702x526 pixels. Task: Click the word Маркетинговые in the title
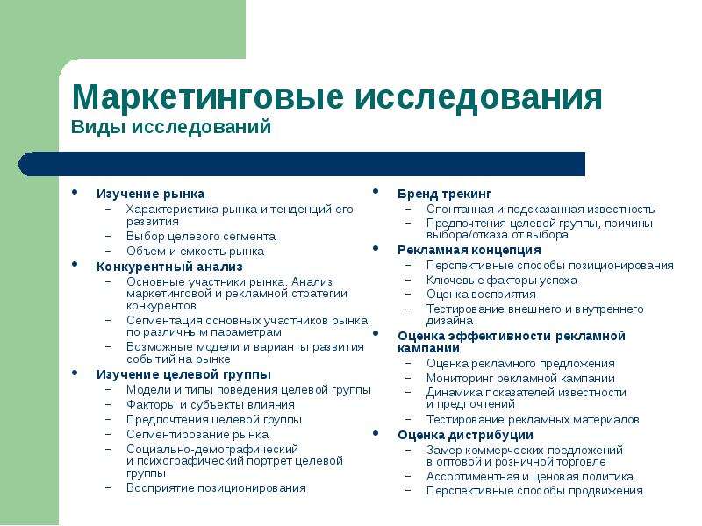[207, 96]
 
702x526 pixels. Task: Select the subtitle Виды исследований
[171, 127]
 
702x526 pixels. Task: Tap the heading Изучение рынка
[150, 194]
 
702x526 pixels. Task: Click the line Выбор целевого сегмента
[201, 236]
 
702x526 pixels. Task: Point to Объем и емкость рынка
[195, 251]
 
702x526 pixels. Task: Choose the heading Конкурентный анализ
[169, 267]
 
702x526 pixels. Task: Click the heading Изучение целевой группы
[183, 374]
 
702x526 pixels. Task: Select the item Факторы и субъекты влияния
[211, 405]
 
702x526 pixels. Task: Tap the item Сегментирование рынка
[197, 434]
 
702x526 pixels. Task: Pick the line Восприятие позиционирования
[216, 488]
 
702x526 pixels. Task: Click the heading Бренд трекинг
[444, 194]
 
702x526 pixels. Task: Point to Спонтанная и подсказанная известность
[541, 209]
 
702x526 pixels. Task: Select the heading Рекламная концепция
[469, 250]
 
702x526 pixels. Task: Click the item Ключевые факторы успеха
[502, 280]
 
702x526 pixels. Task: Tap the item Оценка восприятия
[481, 295]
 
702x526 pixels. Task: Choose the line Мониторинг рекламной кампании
[520, 379]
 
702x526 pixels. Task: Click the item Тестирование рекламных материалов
[533, 420]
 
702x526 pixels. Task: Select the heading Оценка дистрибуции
[465, 435]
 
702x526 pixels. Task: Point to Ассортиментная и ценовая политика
[530, 476]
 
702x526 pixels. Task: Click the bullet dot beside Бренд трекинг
[376, 191]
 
